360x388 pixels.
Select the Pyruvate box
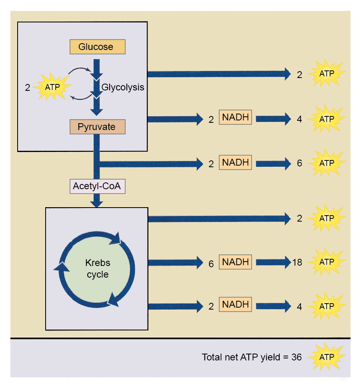pyautogui.click(x=97, y=127)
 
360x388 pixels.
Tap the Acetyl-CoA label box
pyautogui.click(x=96, y=186)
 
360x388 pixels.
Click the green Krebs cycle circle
pyautogui.click(x=97, y=269)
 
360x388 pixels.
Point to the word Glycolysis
pyautogui.click(x=122, y=87)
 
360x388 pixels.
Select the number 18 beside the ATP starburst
pyautogui.click(x=297, y=262)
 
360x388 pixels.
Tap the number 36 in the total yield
pyautogui.click(x=296, y=357)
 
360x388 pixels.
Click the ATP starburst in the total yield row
pyautogui.click(x=326, y=357)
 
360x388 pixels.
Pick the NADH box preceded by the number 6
pyautogui.click(x=236, y=262)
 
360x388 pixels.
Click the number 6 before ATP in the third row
pyautogui.click(x=299, y=163)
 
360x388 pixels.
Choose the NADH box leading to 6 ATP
pyautogui.click(x=236, y=163)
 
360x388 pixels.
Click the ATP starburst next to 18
pyautogui.click(x=326, y=262)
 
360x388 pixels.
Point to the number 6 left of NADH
pyautogui.click(x=211, y=264)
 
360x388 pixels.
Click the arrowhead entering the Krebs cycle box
pyautogui.click(x=96, y=203)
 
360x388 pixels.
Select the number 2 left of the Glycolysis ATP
pyautogui.click(x=28, y=87)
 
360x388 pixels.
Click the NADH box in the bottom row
pyautogui.click(x=236, y=305)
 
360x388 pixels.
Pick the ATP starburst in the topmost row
pyautogui.click(x=326, y=74)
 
